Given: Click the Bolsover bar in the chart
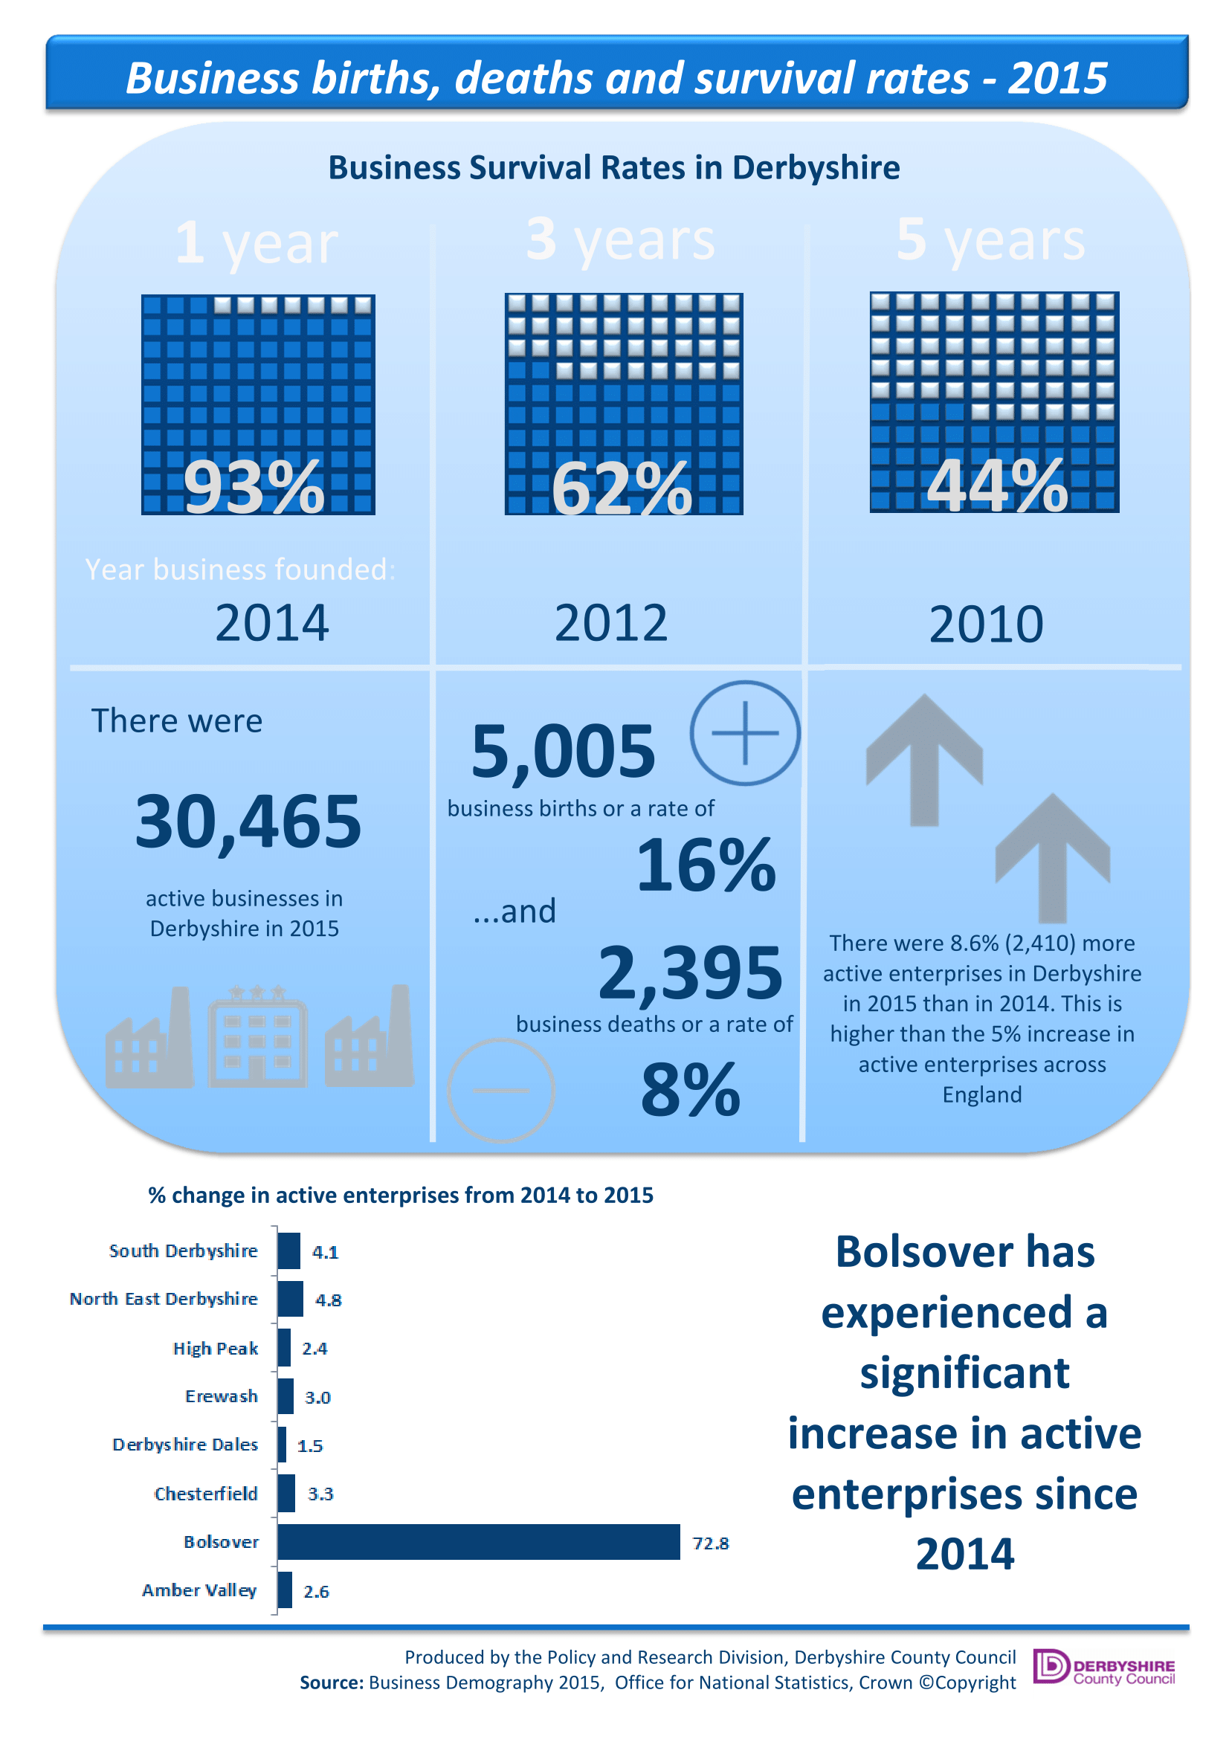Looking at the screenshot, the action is (x=479, y=1541).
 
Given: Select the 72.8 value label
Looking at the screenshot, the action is (x=710, y=1543).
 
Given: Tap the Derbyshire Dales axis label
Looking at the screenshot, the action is (x=186, y=1445).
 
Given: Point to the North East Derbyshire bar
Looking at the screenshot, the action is (x=290, y=1299).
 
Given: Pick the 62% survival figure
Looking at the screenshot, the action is (x=622, y=488).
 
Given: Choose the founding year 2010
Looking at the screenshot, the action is (x=986, y=624).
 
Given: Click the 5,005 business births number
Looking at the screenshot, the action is (x=563, y=752).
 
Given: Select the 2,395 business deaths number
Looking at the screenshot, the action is (x=690, y=973).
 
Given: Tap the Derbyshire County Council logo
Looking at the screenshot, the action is (x=1104, y=1667).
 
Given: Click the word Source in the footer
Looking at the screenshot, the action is (x=332, y=1682).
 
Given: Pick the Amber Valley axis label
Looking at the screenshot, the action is (x=200, y=1590).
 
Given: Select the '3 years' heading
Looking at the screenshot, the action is (x=620, y=240).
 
